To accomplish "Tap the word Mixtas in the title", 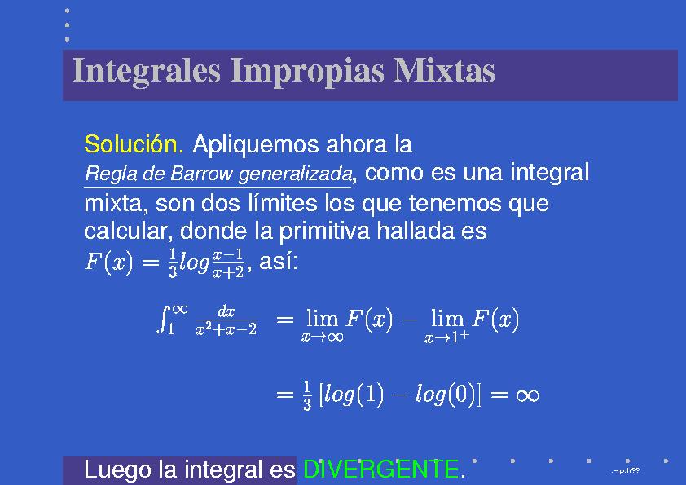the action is pyautogui.click(x=444, y=70).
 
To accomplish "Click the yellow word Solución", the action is pyautogui.click(x=134, y=144).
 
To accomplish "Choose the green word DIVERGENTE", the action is pyautogui.click(x=380, y=470).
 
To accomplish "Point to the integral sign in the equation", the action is pyautogui.click(x=163, y=320).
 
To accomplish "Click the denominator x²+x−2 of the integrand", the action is pyautogui.click(x=226, y=329).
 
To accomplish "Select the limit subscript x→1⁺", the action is pyautogui.click(x=446, y=336).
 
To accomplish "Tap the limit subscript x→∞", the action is pyautogui.click(x=323, y=337).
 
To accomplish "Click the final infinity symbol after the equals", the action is pyautogui.click(x=527, y=395).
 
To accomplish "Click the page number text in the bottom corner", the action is pyautogui.click(x=626, y=470).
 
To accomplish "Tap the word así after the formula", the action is pyautogui.click(x=279, y=262).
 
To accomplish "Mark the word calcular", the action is pyautogui.click(x=127, y=231).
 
